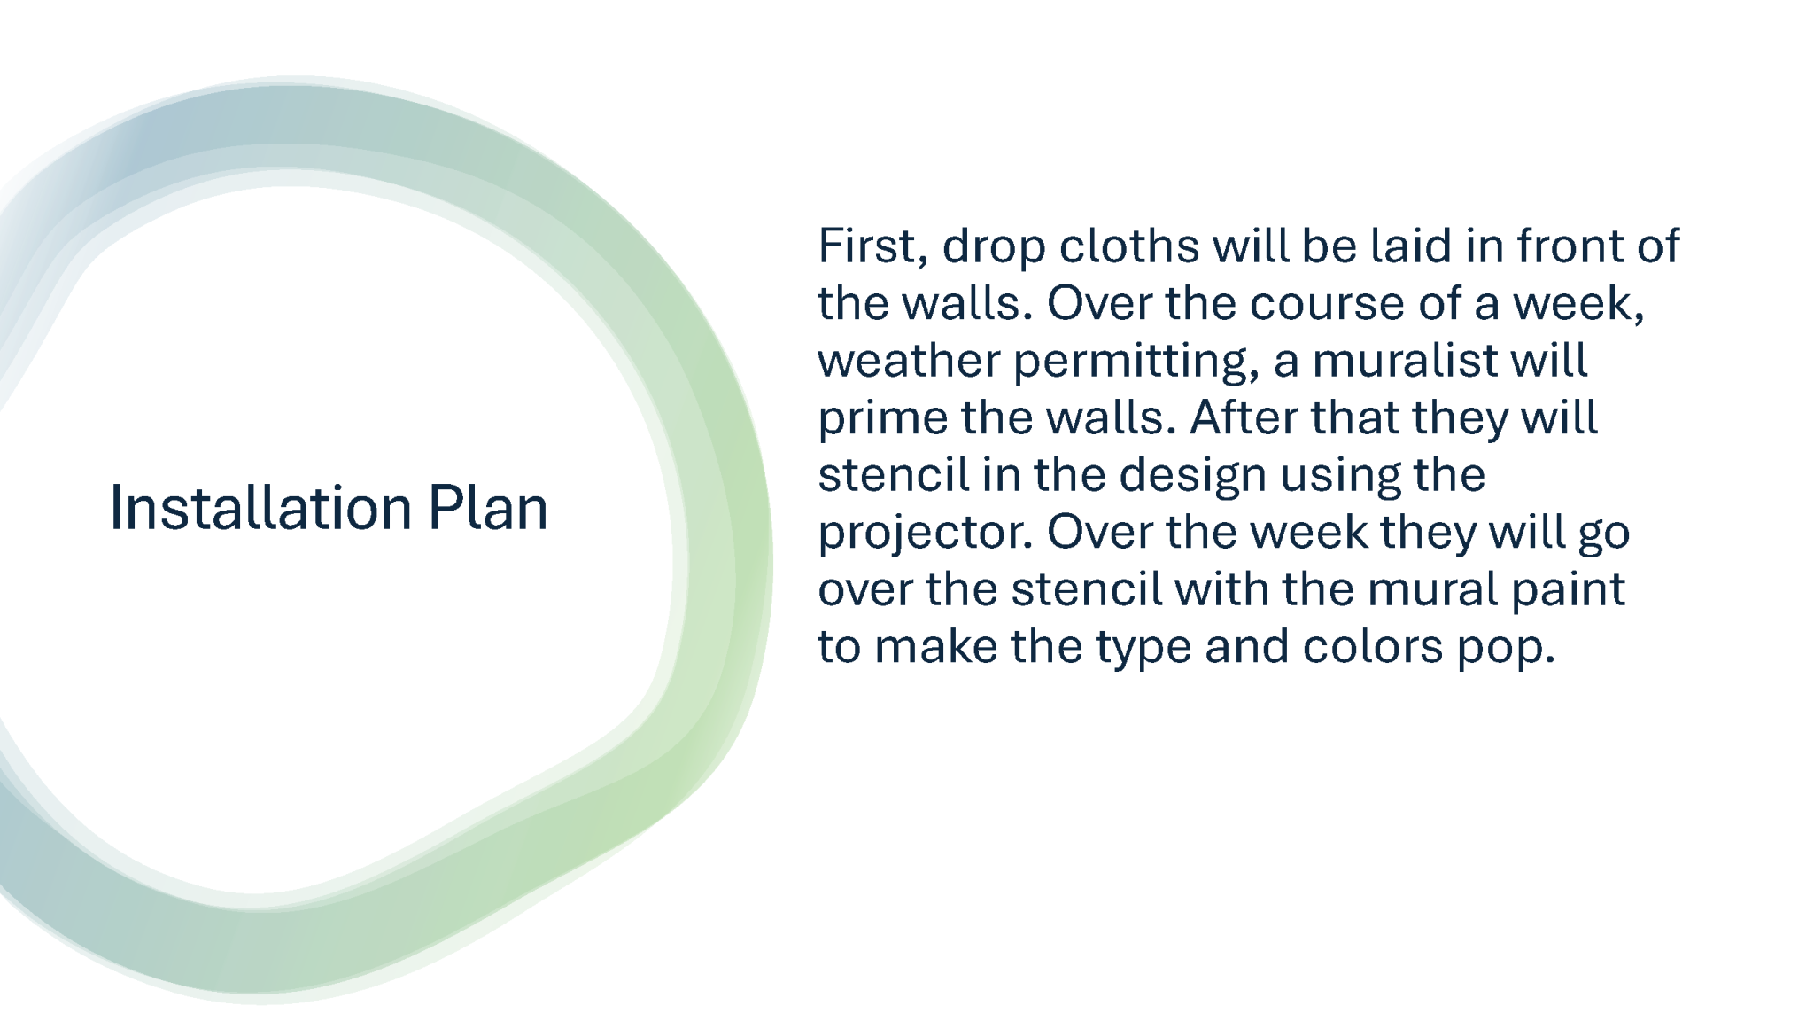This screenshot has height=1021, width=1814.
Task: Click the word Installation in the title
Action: pos(260,508)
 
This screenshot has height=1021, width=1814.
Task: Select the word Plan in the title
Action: pos(488,508)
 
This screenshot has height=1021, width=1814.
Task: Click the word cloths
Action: pos(1129,246)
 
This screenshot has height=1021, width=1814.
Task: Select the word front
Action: pos(1570,246)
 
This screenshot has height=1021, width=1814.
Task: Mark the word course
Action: pos(1327,304)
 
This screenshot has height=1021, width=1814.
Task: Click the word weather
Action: pos(909,361)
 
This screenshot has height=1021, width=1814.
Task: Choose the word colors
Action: pos(1373,646)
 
